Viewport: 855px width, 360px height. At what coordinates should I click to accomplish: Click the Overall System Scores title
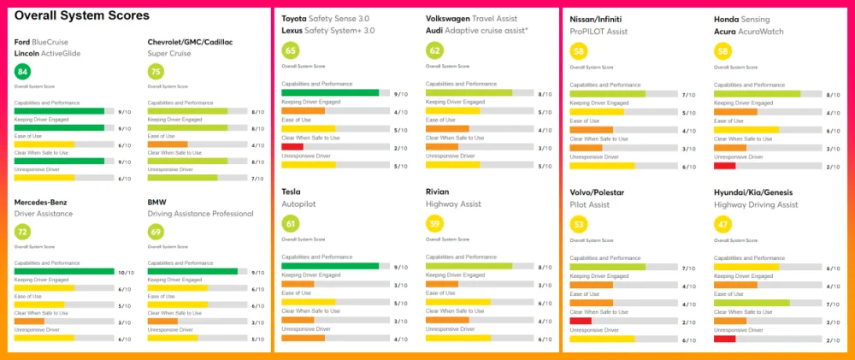(82, 15)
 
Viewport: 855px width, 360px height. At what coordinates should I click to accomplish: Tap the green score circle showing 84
(23, 71)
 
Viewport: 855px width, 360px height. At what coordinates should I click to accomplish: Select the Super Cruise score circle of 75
(156, 71)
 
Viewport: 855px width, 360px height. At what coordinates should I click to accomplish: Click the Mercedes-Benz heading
(42, 203)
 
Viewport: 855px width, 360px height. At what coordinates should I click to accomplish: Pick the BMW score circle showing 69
(156, 232)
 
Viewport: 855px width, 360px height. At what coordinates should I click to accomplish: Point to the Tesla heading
(293, 192)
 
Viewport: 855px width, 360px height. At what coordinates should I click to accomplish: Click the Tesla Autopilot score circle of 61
(290, 224)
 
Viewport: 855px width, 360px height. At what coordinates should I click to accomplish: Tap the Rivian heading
(437, 192)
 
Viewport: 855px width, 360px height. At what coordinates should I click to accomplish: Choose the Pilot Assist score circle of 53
(578, 224)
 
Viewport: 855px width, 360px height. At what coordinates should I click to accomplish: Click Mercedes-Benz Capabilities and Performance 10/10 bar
(64, 272)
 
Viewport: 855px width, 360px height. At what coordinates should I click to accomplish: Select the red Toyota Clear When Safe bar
(292, 147)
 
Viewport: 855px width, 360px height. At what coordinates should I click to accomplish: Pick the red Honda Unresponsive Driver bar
(724, 165)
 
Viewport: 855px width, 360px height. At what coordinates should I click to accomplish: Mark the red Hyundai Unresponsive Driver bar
(724, 339)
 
